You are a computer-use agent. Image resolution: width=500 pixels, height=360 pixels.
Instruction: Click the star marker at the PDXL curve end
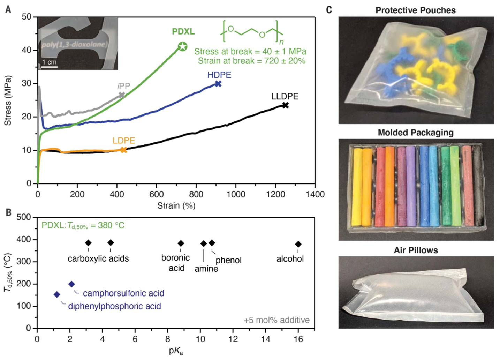[183, 46]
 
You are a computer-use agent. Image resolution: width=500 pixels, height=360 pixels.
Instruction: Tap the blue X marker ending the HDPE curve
[218, 84]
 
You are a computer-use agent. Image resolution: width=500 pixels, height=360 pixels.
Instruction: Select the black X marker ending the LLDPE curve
[285, 105]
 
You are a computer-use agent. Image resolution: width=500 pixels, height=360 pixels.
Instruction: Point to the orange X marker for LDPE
[124, 150]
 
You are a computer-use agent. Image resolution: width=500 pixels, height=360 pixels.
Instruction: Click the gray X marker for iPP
[122, 95]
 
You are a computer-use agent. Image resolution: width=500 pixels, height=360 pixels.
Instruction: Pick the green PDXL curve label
[183, 31]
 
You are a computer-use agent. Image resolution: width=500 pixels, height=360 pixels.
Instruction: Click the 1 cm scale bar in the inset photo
[50, 66]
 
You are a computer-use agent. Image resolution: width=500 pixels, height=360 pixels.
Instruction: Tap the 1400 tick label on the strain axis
[315, 194]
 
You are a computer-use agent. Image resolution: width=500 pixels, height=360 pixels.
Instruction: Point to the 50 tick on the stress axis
[26, 17]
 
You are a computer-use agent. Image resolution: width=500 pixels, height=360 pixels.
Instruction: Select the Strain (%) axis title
[176, 205]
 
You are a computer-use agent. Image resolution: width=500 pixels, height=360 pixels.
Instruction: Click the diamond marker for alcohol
[298, 244]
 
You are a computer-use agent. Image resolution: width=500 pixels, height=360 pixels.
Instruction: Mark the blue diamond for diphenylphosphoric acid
[57, 295]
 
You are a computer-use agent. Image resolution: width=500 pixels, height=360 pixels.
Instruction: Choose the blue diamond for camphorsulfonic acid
[71, 284]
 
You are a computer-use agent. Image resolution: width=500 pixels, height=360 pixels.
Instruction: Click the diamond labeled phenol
[212, 243]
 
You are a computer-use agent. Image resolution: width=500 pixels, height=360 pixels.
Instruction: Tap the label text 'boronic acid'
[176, 263]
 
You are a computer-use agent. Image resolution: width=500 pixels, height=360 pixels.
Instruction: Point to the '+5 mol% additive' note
[276, 320]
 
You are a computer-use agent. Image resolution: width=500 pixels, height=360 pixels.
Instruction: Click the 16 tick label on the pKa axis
[298, 339]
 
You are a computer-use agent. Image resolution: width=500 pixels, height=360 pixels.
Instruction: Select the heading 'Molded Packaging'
[416, 133]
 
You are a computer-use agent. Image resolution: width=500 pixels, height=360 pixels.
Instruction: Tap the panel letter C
[329, 10]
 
